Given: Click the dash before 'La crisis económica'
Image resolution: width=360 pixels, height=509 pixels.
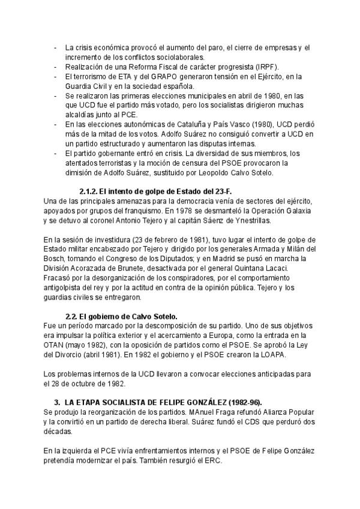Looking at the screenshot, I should (x=56, y=47).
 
